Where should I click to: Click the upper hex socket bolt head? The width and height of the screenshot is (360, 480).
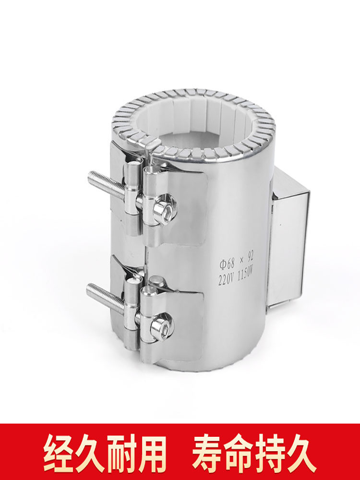tap(164, 209)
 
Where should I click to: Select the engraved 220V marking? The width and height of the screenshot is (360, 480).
tap(225, 279)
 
